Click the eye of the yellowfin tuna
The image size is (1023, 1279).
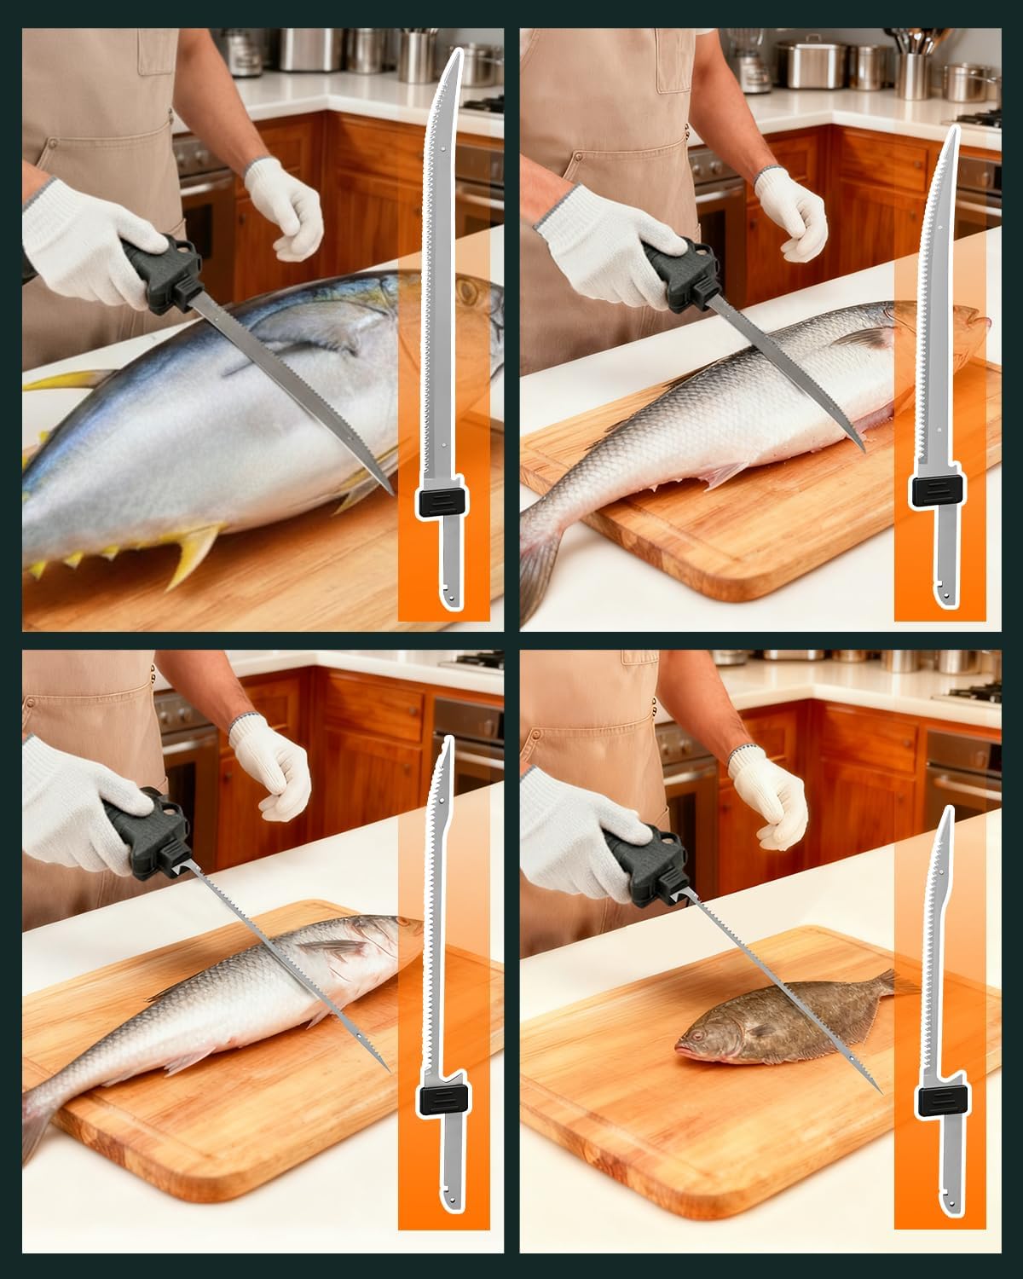point(467,292)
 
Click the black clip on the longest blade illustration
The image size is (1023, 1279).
point(441,502)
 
